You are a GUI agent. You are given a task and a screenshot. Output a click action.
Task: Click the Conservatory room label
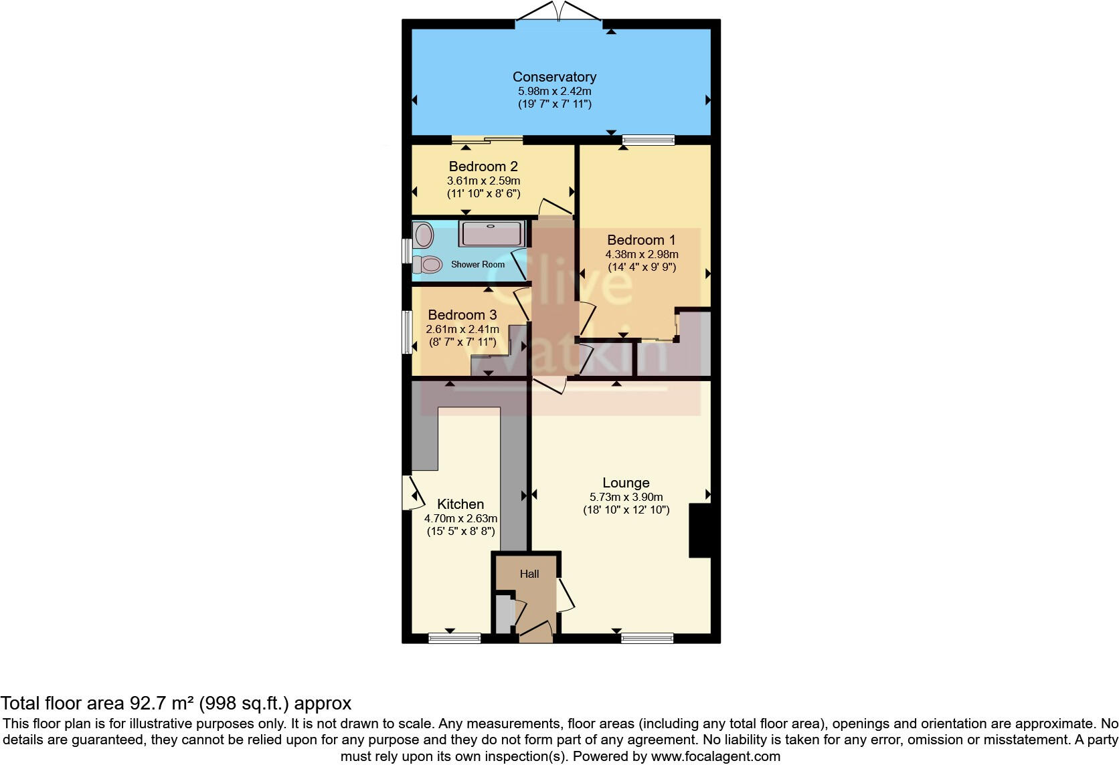tap(554, 77)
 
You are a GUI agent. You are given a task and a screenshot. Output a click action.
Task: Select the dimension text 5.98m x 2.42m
tap(554, 91)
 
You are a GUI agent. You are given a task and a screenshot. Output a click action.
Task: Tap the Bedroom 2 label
tap(483, 167)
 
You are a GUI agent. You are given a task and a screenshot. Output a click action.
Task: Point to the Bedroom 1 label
tap(641, 240)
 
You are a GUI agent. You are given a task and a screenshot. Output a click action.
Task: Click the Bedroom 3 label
tap(462, 315)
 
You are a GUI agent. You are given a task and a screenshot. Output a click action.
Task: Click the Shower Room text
tap(478, 265)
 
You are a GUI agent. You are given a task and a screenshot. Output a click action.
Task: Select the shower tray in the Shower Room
tap(492, 233)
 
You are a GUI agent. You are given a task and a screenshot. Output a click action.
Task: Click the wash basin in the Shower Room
tap(424, 235)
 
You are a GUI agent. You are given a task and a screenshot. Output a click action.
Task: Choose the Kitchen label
tap(460, 504)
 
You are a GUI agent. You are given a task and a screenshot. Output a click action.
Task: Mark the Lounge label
tap(626, 483)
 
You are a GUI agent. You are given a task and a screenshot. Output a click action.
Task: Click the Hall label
tap(529, 574)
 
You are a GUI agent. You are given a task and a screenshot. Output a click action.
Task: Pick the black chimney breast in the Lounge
tap(700, 531)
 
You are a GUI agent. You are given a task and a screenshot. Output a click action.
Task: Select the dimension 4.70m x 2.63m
tap(460, 518)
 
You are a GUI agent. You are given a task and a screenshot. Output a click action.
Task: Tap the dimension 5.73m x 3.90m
tap(626, 497)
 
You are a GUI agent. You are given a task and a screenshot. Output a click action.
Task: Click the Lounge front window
tap(647, 637)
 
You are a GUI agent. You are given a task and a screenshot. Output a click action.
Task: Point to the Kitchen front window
tap(454, 637)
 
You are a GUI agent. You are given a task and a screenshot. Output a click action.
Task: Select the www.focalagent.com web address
tap(715, 757)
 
